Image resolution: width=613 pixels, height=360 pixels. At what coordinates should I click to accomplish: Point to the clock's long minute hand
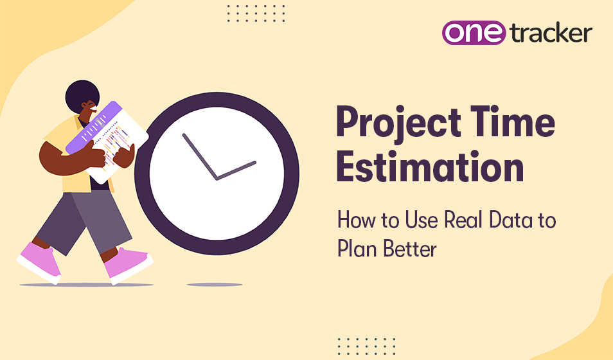(x=199, y=156)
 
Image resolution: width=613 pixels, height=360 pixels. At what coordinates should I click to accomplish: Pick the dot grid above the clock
(x=256, y=12)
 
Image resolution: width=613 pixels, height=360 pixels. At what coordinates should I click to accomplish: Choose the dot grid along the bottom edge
(x=366, y=345)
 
